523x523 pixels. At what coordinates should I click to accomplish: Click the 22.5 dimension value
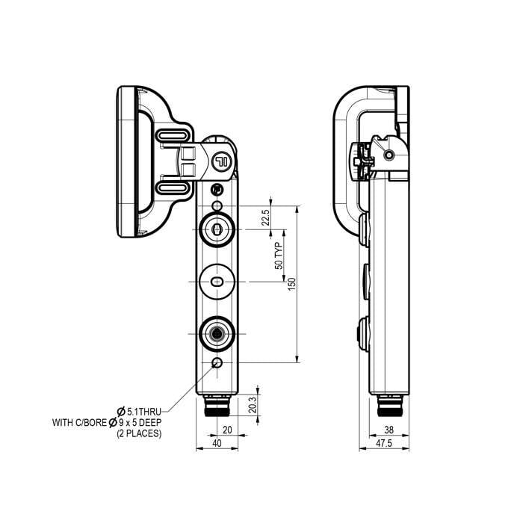pyautogui.click(x=264, y=217)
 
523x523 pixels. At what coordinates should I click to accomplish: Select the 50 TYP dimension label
pyautogui.click(x=278, y=256)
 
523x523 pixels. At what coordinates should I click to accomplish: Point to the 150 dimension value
pyautogui.click(x=292, y=283)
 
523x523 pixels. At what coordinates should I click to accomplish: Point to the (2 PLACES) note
pyautogui.click(x=139, y=433)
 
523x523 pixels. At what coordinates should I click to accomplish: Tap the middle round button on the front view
pyautogui.click(x=217, y=281)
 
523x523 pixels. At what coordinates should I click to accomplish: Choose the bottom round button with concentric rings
pyautogui.click(x=217, y=333)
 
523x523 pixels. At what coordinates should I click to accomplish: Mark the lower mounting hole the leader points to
pyautogui.click(x=217, y=363)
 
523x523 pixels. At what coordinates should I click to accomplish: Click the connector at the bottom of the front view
pyautogui.click(x=217, y=409)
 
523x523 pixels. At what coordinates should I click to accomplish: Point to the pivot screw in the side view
pyautogui.click(x=389, y=155)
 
